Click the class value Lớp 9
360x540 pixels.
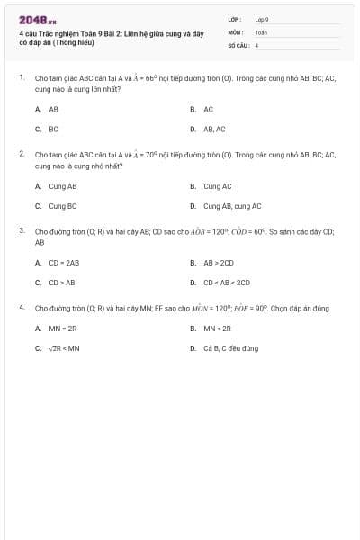(x=262, y=18)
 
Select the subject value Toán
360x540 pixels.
(x=261, y=31)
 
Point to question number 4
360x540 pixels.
(x=21, y=308)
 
